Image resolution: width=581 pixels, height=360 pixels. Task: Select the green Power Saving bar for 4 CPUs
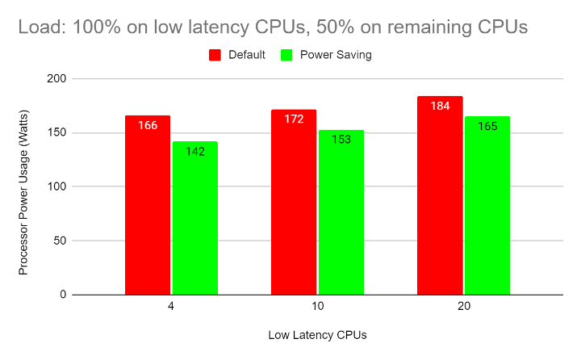pos(194,218)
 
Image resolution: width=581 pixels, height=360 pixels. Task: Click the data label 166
pos(148,126)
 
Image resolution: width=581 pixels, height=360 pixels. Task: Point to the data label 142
pos(194,151)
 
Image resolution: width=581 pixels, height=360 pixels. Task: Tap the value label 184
pos(440,107)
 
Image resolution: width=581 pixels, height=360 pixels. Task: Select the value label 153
pos(341,140)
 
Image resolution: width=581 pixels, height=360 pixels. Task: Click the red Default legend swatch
pos(215,55)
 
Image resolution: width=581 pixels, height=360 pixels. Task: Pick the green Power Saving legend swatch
pos(286,55)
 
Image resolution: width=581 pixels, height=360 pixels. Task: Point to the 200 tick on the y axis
pos(56,79)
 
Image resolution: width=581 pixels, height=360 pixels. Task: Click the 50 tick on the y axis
pos(59,241)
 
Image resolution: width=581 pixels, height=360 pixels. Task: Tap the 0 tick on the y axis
pos(62,295)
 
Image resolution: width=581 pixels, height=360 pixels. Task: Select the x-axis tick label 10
pos(317,308)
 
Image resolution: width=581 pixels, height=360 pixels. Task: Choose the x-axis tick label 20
pos(463,308)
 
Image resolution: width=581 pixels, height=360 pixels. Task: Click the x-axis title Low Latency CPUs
pos(316,335)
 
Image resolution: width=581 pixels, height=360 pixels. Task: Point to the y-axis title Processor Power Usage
pos(23,186)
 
